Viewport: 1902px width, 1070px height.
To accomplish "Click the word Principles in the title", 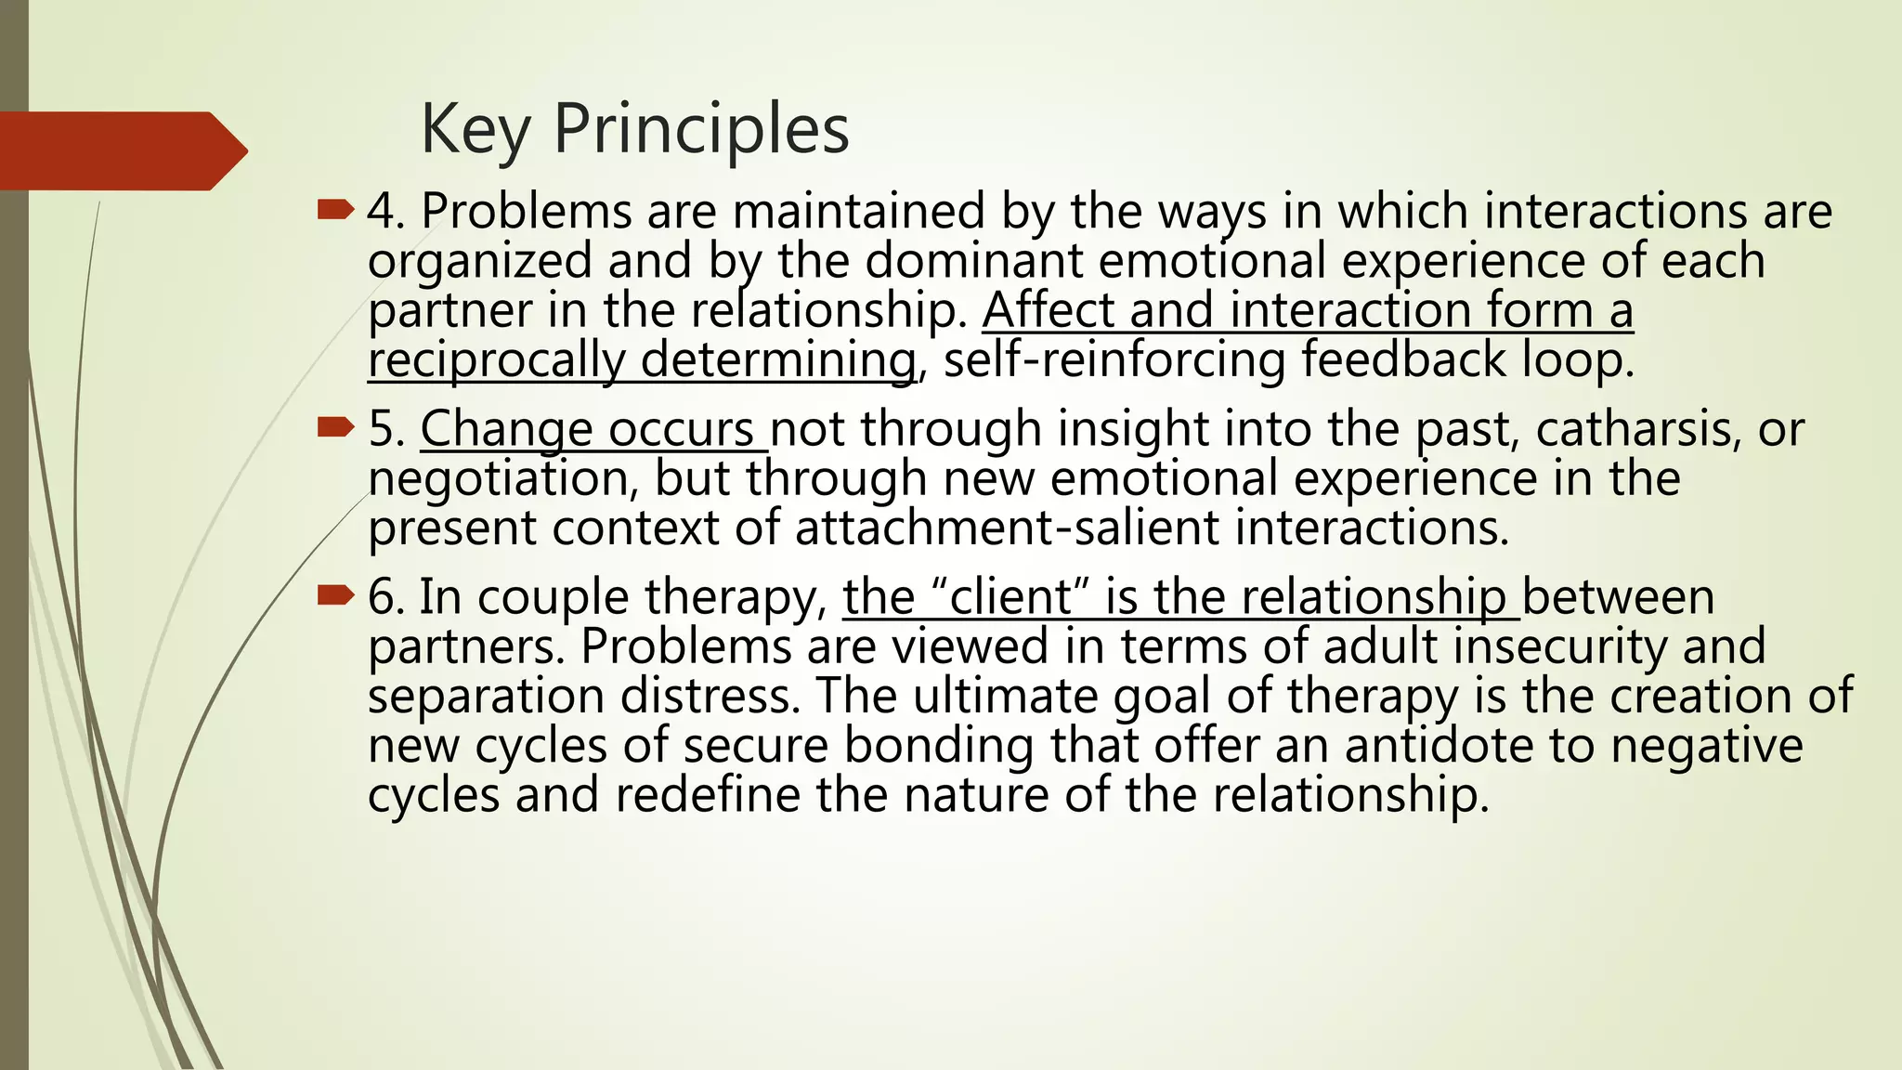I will point(701,129).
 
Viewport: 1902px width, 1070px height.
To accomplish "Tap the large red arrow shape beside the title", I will point(121,150).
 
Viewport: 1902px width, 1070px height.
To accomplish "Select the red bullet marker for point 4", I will point(335,210).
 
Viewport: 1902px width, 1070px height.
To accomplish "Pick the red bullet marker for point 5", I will point(335,427).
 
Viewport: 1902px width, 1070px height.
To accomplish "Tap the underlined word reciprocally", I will point(496,359).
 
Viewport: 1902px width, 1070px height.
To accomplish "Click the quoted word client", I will point(1011,596).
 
